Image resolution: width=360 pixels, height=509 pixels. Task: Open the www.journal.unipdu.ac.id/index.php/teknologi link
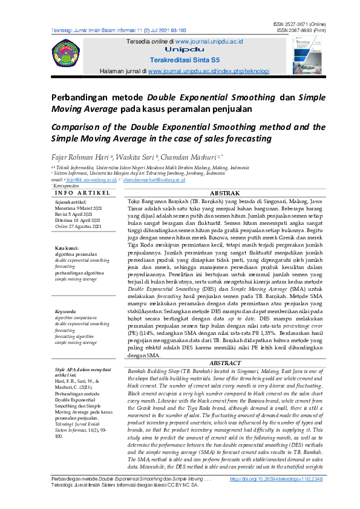point(208,71)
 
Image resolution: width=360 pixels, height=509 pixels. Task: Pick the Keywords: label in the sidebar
point(67,311)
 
